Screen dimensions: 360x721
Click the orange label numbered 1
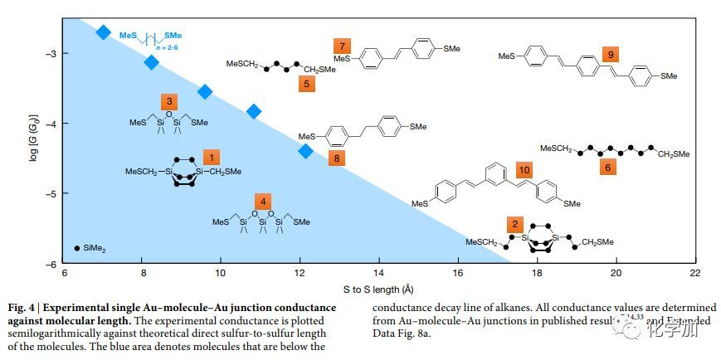click(212, 156)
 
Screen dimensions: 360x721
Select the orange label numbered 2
click(515, 224)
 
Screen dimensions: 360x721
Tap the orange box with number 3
click(168, 101)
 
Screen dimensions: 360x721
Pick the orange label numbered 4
click(262, 202)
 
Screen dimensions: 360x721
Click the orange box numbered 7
click(342, 45)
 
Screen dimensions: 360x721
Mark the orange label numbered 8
click(336, 157)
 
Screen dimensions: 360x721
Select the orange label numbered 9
click(611, 55)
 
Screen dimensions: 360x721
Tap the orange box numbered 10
click(524, 169)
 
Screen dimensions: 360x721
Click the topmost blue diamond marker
click(103, 32)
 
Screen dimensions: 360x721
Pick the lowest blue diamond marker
click(305, 150)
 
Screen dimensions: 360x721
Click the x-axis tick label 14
click(378, 272)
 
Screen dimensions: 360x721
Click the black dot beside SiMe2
click(77, 247)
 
